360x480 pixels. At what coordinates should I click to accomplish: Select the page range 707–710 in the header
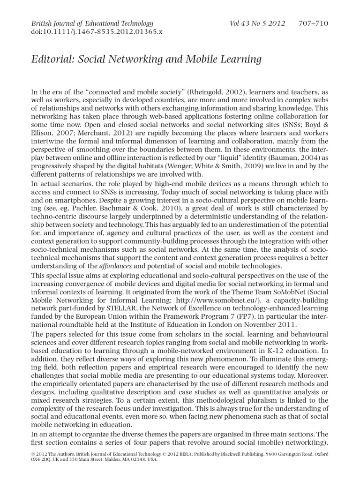coord(314,23)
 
